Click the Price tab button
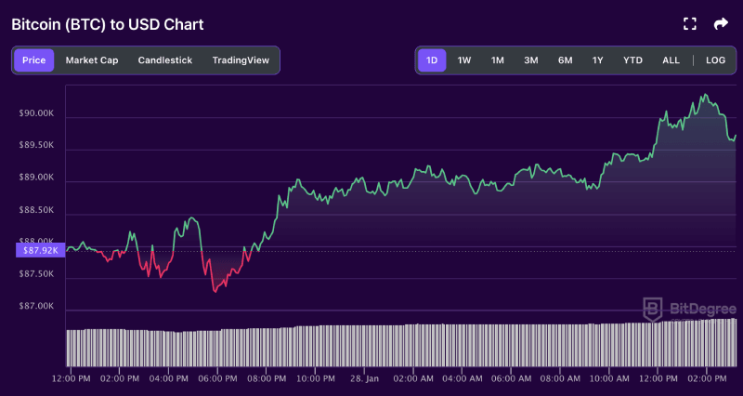pos(33,60)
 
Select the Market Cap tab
pos(92,60)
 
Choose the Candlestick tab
pos(165,60)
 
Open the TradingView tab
pos(241,60)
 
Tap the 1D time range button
pos(432,60)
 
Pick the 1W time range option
pos(464,60)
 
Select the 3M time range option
pos(531,60)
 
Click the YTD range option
pos(632,60)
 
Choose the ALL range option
pos(671,60)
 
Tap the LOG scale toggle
pos(715,60)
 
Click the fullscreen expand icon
pos(689,24)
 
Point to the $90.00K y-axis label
pos(36,113)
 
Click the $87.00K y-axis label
pos(36,306)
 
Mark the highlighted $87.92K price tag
pos(38,250)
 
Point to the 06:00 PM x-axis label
pos(216,379)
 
